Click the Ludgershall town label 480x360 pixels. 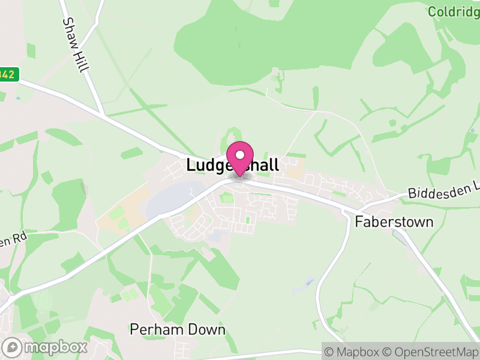[232, 165]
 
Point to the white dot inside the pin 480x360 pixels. [240, 155]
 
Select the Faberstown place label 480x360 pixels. [394, 221]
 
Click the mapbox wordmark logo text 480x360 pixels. [55, 347]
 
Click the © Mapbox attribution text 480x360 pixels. [352, 351]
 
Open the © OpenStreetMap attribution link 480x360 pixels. [430, 351]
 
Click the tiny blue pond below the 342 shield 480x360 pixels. [19, 98]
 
